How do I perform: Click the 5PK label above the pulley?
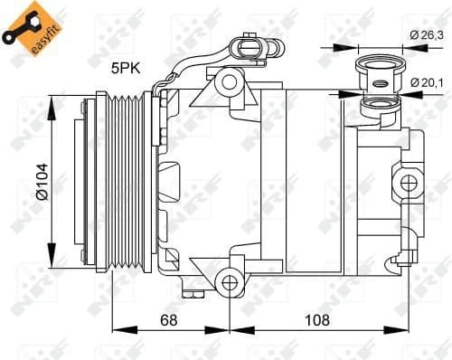coord(125,67)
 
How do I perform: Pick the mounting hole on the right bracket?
coord(409,183)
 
